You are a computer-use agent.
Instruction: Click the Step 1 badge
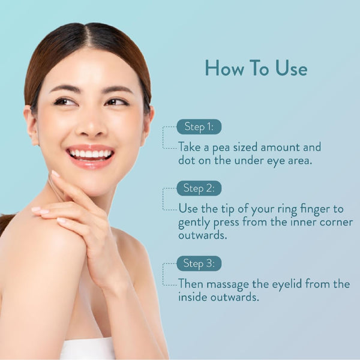(199, 127)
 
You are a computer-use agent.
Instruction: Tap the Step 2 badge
(199, 188)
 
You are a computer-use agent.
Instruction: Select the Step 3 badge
(199, 263)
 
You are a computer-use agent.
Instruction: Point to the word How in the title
(224, 68)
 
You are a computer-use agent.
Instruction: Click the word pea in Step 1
(221, 148)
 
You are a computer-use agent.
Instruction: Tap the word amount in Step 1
(280, 147)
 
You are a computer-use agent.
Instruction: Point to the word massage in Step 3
(227, 285)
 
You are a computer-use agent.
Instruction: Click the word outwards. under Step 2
(203, 236)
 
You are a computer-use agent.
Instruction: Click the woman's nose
(91, 125)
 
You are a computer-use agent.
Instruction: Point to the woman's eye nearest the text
(117, 102)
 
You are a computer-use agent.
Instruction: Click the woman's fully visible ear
(31, 125)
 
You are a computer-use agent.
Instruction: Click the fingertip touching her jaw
(55, 174)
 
